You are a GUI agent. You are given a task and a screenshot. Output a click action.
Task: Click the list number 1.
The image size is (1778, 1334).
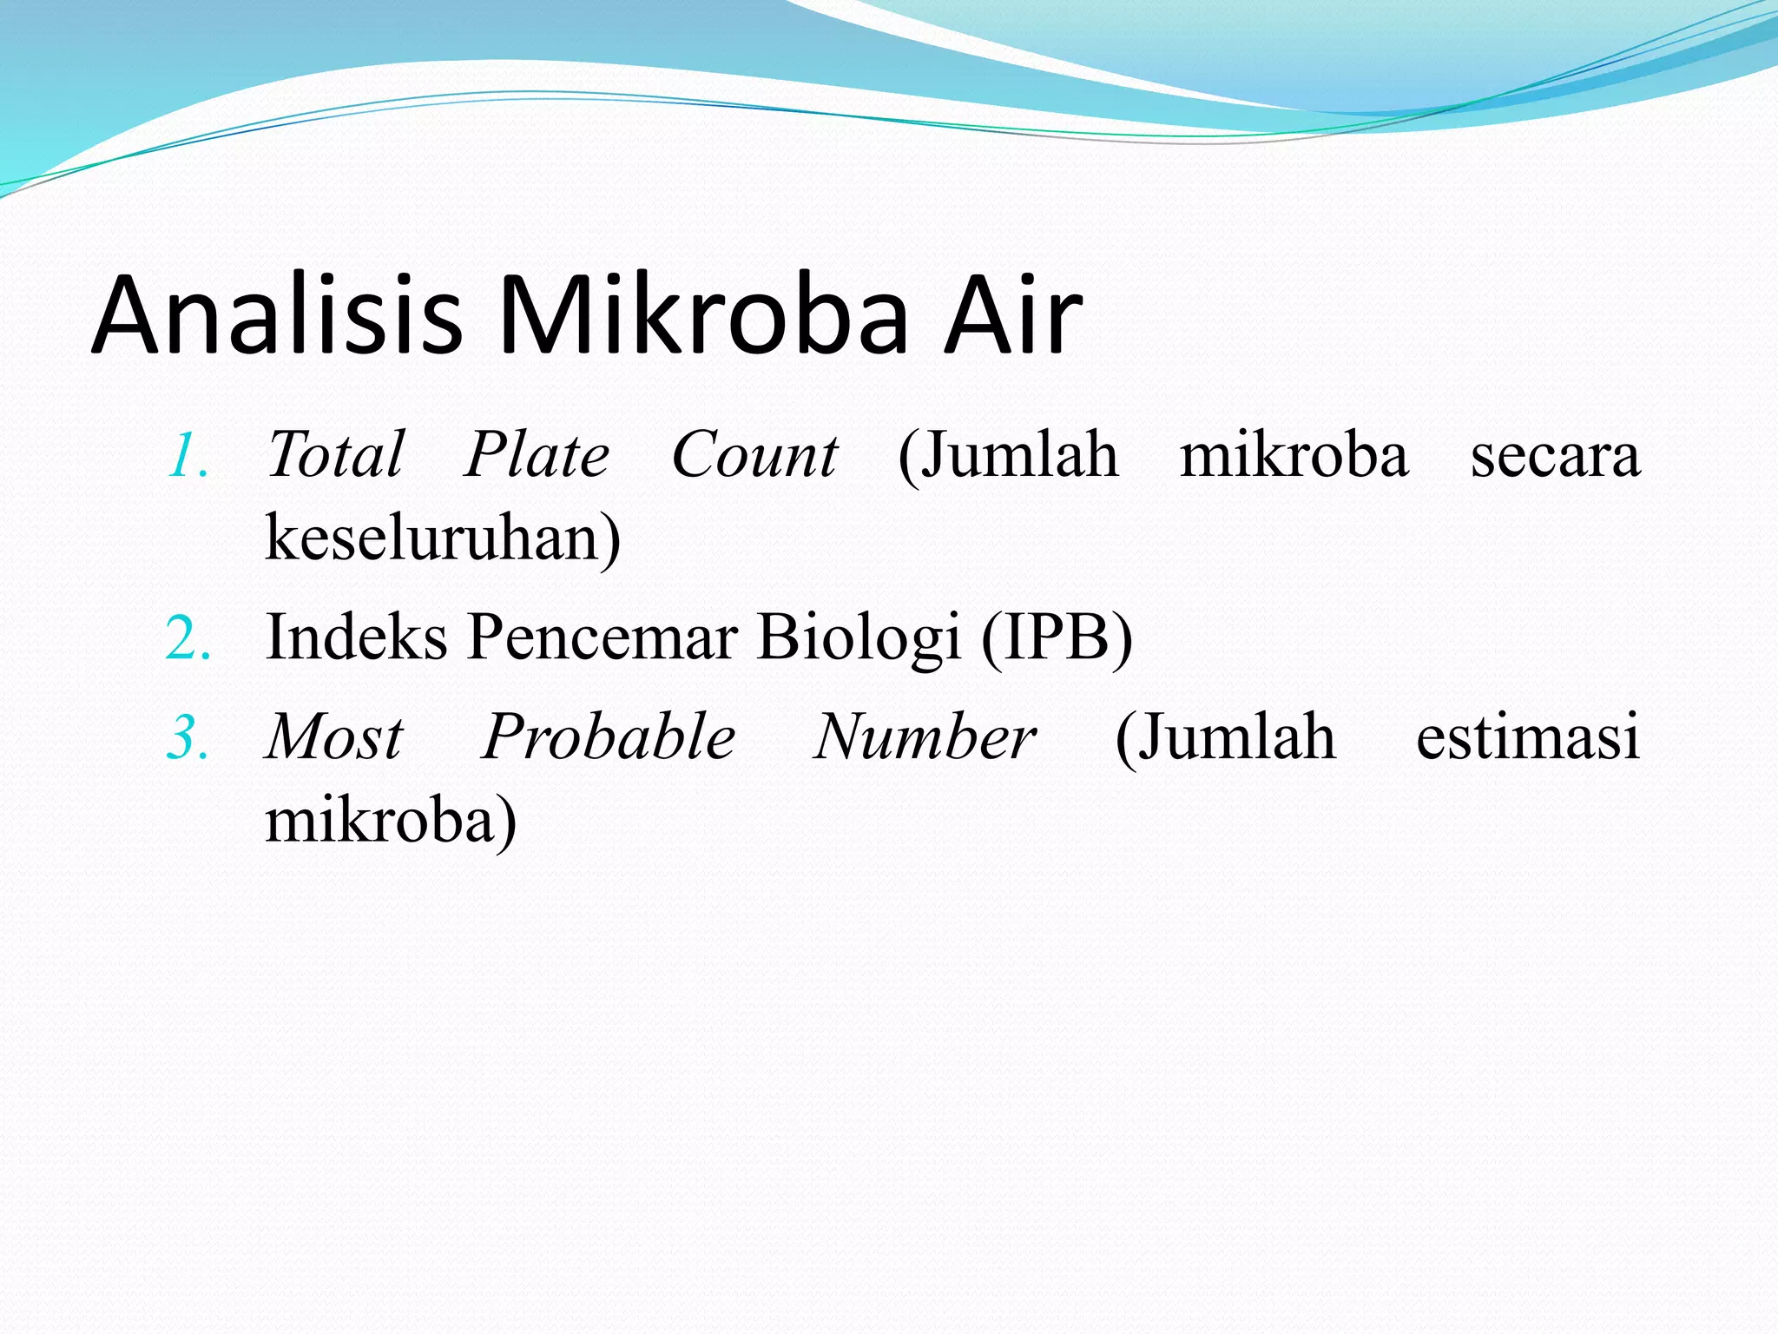[188, 457]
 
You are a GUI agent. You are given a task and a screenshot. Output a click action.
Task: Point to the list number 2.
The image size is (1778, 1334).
[188, 639]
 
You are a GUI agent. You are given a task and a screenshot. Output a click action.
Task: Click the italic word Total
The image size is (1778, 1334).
[335, 455]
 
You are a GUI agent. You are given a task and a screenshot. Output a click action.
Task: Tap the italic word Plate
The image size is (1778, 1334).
[537, 455]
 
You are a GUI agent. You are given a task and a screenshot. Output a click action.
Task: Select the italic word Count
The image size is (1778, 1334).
[754, 455]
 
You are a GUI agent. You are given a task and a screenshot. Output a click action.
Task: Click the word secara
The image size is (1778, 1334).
[1555, 457]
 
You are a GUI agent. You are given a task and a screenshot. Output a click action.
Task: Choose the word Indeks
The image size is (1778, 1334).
[356, 637]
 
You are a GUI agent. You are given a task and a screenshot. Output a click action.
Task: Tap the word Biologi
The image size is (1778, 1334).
[859, 639]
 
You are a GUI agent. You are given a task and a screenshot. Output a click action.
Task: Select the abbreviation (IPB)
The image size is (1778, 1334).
[1057, 637]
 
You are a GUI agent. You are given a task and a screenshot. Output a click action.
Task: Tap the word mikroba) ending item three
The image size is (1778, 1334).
[391, 822]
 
